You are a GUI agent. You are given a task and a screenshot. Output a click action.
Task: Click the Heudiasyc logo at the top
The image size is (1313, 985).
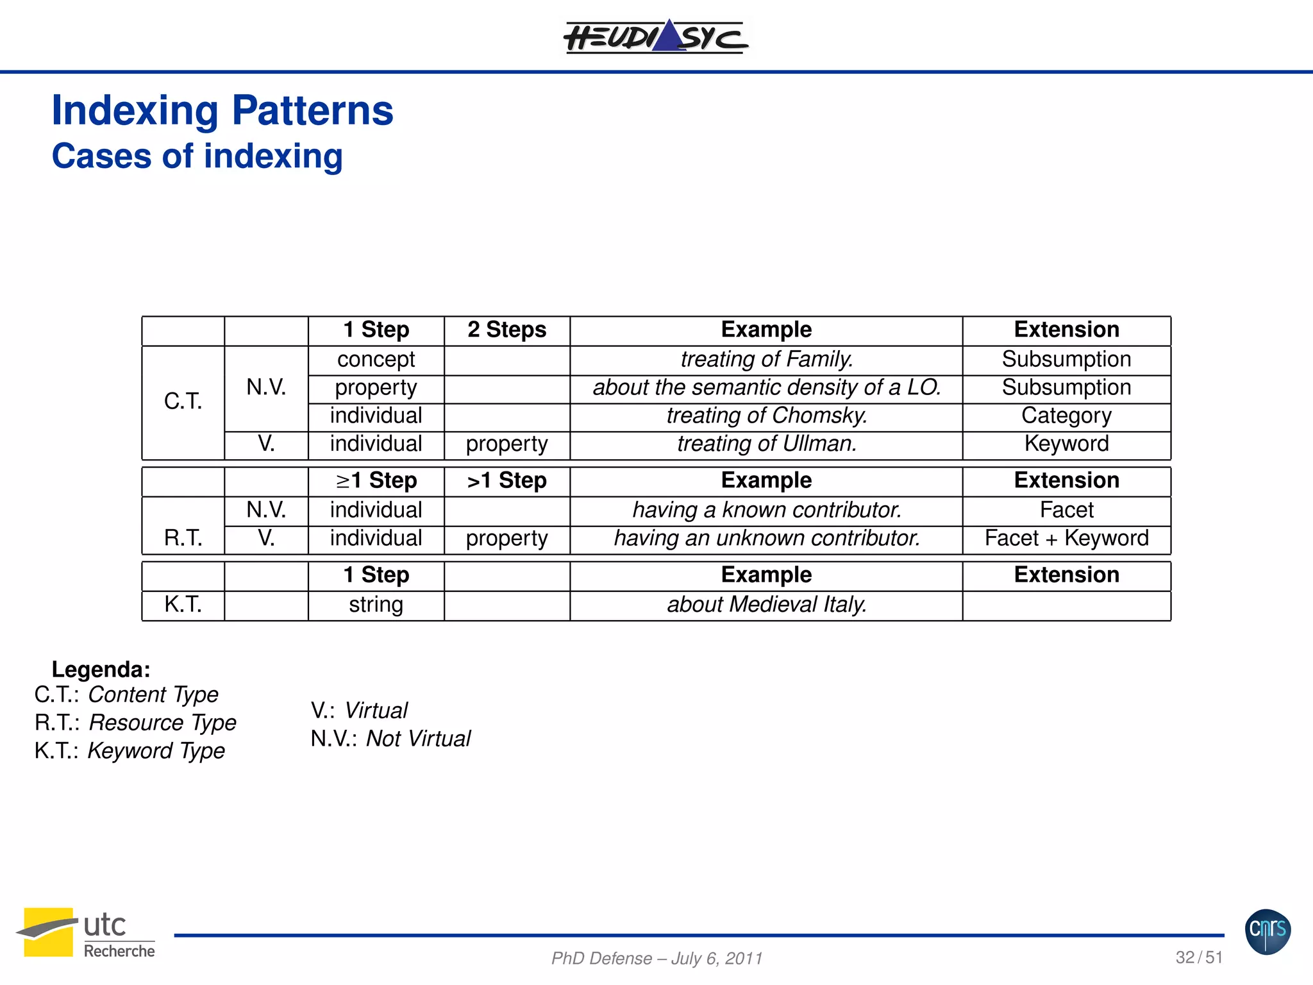point(655,37)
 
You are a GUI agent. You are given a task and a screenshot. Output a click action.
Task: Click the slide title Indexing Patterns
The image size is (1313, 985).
point(222,110)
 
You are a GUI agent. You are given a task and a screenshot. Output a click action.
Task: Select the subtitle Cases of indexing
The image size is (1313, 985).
point(197,156)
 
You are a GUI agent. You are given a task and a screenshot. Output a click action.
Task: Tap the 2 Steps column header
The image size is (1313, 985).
point(506,330)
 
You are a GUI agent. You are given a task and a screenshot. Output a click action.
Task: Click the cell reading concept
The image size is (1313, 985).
point(376,359)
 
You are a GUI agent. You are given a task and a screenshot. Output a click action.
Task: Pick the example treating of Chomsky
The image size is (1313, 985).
point(766,416)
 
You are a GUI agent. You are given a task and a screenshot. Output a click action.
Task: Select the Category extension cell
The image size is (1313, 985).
point(1066,416)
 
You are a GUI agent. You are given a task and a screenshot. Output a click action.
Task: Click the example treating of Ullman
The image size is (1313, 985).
point(766,444)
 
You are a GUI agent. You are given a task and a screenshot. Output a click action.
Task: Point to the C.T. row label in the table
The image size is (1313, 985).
point(183,401)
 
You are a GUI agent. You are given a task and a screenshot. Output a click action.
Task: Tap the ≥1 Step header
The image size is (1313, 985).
point(376,480)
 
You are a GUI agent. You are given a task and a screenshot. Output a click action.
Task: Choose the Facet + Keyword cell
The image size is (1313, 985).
point(1066,538)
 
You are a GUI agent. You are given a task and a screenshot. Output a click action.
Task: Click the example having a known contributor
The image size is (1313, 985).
point(766,510)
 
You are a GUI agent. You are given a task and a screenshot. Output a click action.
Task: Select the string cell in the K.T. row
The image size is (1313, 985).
point(376,605)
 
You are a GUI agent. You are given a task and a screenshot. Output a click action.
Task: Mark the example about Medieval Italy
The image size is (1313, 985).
point(766,605)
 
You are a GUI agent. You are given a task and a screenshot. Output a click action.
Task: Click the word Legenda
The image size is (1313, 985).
point(101,669)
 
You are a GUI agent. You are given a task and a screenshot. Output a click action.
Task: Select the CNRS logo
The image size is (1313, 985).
point(1267,931)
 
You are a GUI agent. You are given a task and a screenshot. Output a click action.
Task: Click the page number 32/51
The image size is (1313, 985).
point(1199,957)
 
